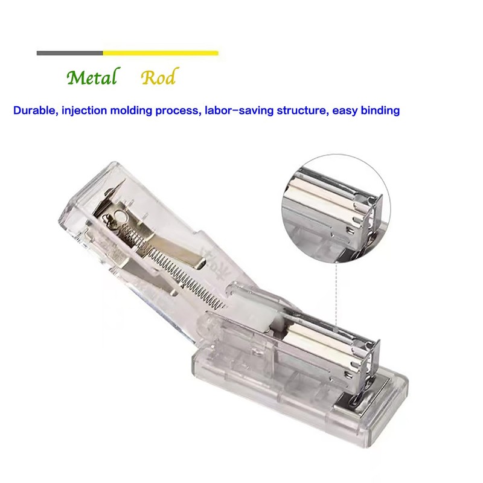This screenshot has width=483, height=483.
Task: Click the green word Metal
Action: coord(91,78)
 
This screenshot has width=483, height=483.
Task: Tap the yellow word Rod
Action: coord(159,78)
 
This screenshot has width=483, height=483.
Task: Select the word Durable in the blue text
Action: coord(34,111)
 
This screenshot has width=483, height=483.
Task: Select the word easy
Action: coord(344,111)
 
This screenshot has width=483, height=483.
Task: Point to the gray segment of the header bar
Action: coord(69,53)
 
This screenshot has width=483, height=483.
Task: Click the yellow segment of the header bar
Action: coord(161,53)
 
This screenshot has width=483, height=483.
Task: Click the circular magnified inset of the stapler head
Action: coord(335,205)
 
